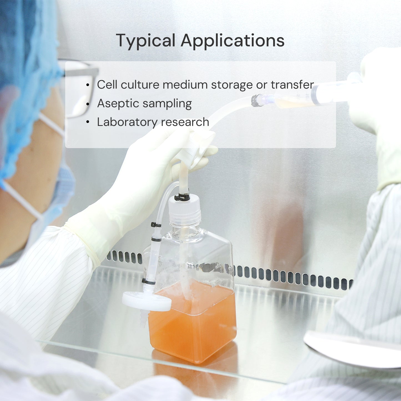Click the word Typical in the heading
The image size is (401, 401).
[146, 41]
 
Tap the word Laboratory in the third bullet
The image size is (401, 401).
[127, 122]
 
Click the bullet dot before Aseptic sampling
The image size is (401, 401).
[88, 104]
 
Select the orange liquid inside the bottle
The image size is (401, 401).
[193, 321]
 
